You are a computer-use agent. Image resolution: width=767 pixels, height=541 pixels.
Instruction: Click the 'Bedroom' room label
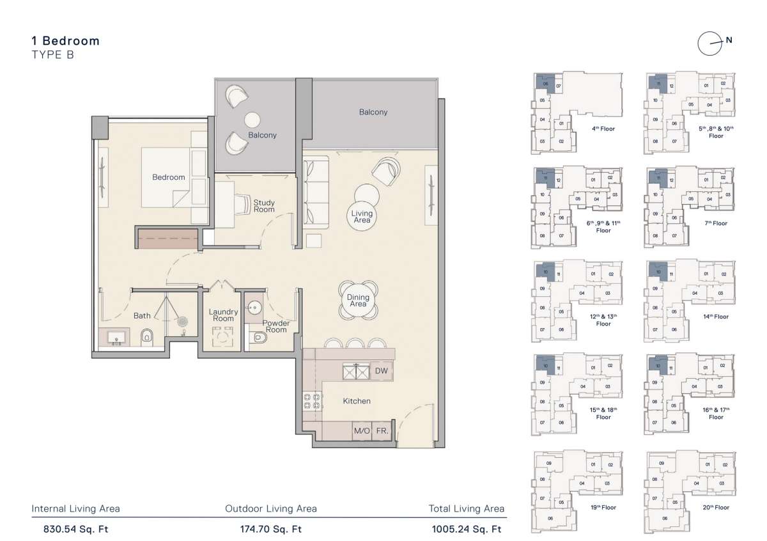click(x=168, y=177)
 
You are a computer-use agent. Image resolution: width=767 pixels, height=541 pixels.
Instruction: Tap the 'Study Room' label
click(x=264, y=206)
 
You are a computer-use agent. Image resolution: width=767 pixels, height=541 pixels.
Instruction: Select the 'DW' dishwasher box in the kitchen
click(x=381, y=371)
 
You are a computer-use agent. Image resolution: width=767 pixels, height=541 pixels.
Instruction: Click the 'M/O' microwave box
click(x=362, y=431)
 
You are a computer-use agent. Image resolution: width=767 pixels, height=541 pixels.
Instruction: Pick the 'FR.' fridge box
click(x=382, y=431)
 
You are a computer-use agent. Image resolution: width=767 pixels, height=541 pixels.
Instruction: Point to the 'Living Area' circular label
click(x=362, y=216)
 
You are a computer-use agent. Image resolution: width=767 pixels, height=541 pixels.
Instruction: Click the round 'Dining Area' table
click(x=358, y=300)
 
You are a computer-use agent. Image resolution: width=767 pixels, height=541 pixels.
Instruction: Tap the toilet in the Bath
click(x=147, y=336)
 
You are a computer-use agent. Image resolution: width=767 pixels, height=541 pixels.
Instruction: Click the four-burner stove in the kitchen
click(x=313, y=400)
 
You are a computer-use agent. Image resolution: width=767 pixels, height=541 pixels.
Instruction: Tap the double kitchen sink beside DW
click(x=357, y=371)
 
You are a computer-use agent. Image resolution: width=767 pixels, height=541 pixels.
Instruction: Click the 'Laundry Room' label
click(x=223, y=315)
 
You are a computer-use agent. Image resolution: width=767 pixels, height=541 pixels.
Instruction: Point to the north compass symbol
click(x=710, y=43)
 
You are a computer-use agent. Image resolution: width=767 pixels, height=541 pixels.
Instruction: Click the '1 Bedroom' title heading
click(x=65, y=41)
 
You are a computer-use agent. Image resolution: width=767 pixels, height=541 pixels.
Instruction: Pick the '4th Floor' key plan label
click(x=603, y=129)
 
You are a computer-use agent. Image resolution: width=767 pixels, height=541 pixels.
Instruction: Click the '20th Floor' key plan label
click(x=715, y=507)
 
